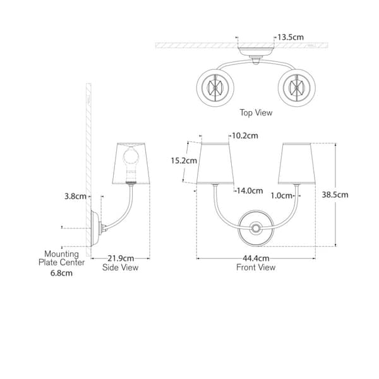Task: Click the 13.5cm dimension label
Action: click(x=291, y=37)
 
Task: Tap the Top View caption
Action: click(x=256, y=112)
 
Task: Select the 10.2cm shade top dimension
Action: click(x=245, y=136)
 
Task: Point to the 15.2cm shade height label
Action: click(x=184, y=160)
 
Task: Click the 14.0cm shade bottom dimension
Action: click(x=250, y=191)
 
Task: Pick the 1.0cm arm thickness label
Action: click(x=281, y=196)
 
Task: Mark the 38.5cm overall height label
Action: click(x=335, y=195)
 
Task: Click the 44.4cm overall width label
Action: click(x=256, y=258)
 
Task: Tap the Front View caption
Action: click(x=256, y=267)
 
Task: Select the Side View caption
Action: click(x=120, y=267)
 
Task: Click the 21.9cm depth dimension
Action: click(x=121, y=258)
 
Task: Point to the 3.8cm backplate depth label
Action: click(x=75, y=196)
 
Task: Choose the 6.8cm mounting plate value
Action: click(x=61, y=273)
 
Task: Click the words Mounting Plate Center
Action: click(x=62, y=258)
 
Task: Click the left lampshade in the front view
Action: click(x=215, y=164)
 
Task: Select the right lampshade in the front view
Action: click(x=297, y=164)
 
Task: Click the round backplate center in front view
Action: click(x=256, y=228)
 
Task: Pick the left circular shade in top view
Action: click(x=215, y=88)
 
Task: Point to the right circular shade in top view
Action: click(x=297, y=88)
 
